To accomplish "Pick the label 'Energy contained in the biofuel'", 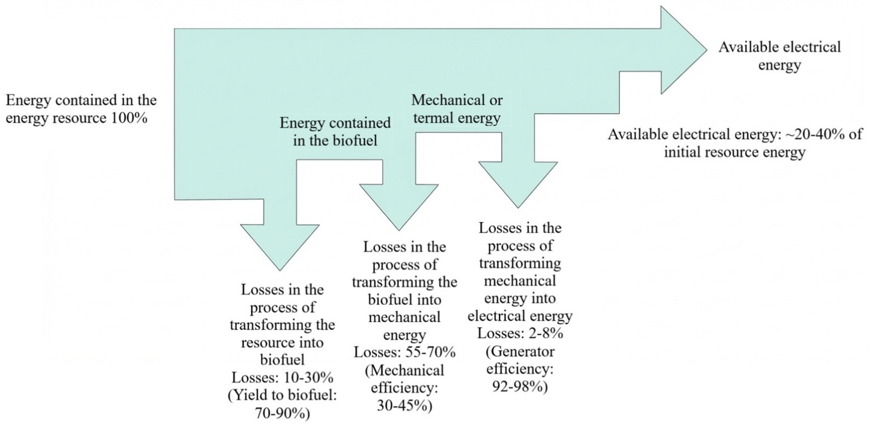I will click(x=335, y=132).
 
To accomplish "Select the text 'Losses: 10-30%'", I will click(x=282, y=377).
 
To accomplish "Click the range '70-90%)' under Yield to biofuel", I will click(x=282, y=413).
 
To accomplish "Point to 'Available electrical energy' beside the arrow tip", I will click(x=779, y=56).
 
